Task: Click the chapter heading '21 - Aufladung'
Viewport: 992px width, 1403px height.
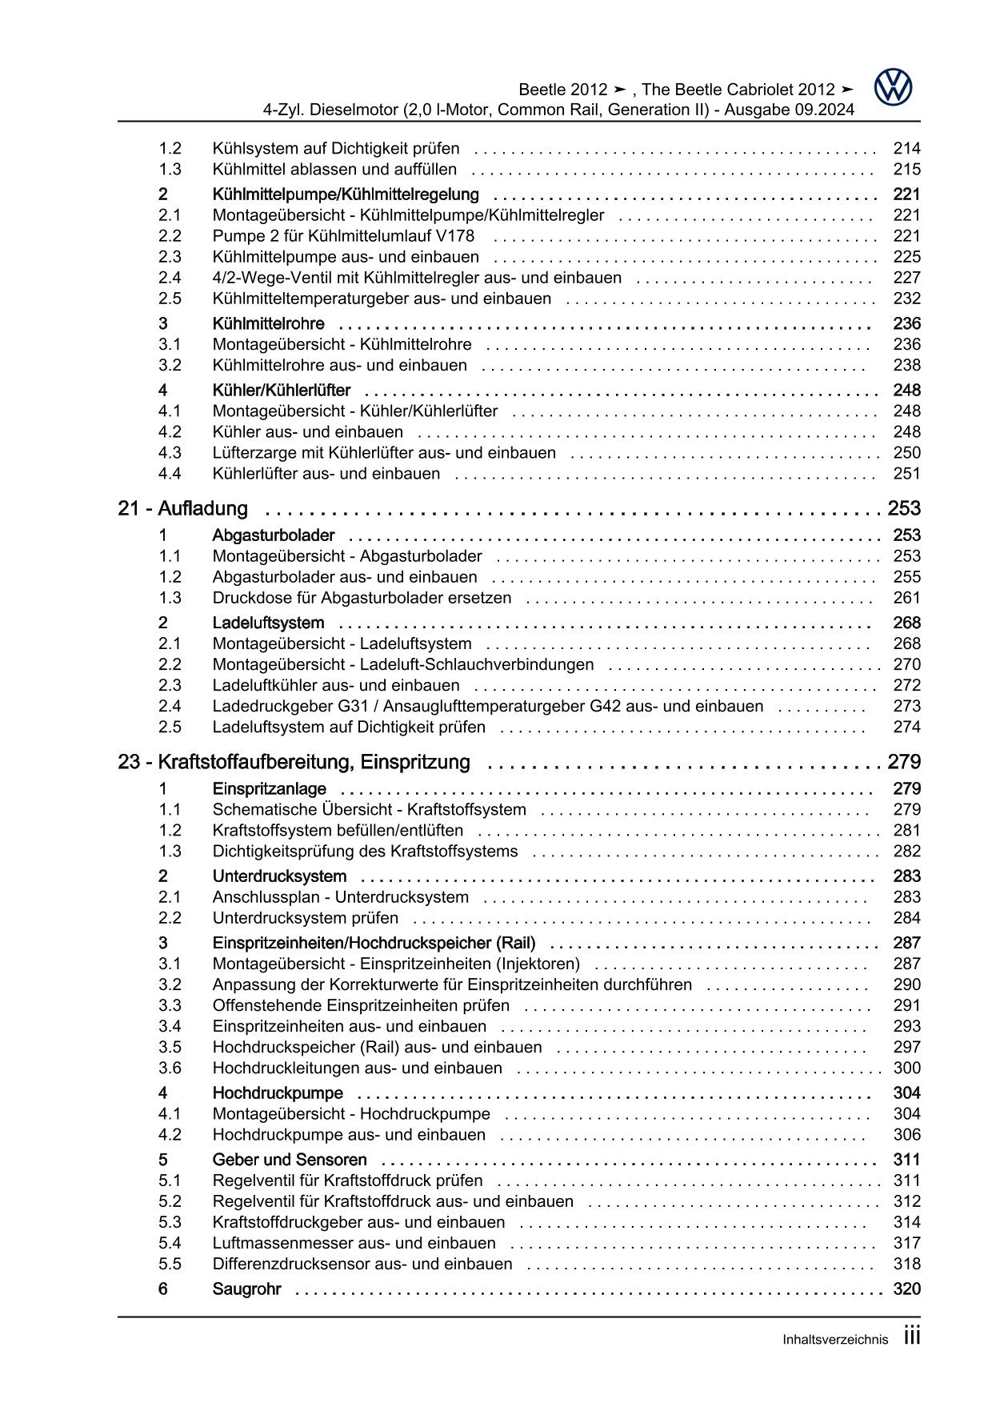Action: [182, 508]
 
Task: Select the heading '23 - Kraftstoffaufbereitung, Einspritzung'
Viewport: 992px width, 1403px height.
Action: [294, 762]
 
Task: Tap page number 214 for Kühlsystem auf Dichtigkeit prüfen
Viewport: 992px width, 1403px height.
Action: [906, 148]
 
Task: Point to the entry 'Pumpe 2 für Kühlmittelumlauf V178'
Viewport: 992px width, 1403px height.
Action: [343, 236]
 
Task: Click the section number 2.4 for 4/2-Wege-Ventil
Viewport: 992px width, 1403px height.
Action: [170, 278]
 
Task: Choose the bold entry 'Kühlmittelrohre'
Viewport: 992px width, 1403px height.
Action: [268, 323]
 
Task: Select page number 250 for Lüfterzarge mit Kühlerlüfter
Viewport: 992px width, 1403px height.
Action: [906, 452]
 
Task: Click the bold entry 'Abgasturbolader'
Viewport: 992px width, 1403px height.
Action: [274, 535]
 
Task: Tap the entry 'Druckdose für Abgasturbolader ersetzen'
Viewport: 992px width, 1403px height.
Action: [362, 598]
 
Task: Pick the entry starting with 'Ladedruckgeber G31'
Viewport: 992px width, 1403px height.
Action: [487, 706]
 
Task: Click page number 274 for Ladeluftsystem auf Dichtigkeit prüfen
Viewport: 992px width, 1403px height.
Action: [906, 727]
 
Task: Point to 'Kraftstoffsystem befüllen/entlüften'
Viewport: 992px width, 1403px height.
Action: [338, 831]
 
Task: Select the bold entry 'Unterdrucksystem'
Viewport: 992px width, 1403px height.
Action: [279, 876]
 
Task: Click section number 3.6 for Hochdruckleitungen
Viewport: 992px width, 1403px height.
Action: [170, 1068]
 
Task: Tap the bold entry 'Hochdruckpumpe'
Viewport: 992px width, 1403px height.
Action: [278, 1093]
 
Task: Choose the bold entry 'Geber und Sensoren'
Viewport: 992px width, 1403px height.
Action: [290, 1160]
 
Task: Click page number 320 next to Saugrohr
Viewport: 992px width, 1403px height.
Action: [906, 1289]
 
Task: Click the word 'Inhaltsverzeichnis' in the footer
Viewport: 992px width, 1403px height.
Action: [835, 1340]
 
